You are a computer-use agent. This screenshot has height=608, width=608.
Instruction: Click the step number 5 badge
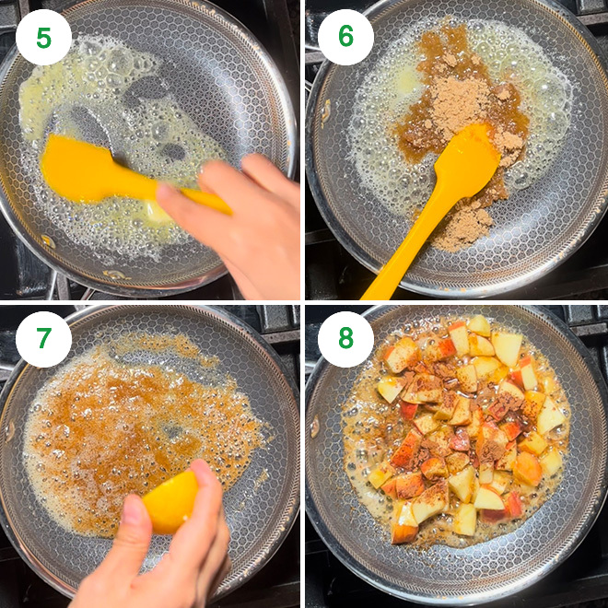[x=43, y=37]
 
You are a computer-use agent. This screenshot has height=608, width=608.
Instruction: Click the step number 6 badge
[x=345, y=37]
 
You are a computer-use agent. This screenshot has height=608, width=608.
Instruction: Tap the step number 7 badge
[x=43, y=339]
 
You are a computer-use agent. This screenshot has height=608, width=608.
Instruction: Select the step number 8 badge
[x=345, y=339]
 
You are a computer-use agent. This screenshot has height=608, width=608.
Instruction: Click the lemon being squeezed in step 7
[x=170, y=502]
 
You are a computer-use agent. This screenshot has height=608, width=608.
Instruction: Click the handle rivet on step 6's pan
[x=325, y=111]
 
